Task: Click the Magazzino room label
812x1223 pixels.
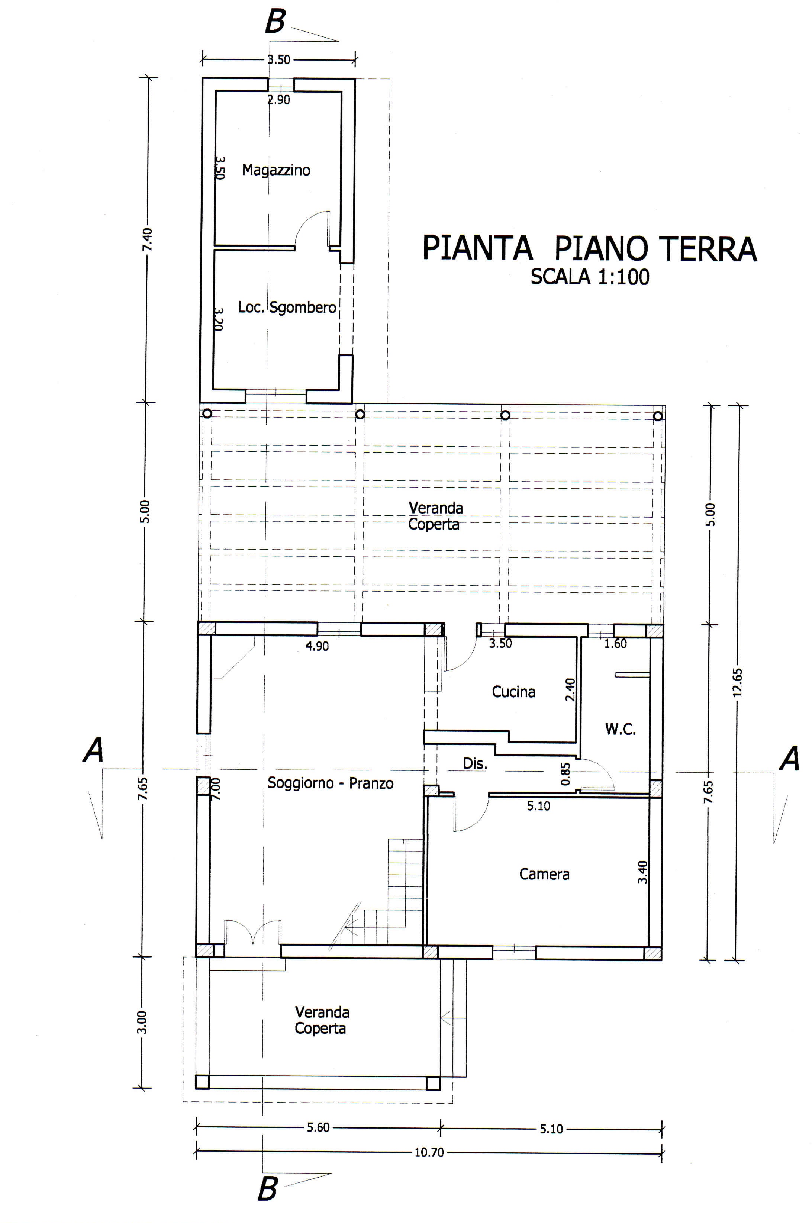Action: click(276, 170)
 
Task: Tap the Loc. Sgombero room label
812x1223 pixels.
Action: click(287, 308)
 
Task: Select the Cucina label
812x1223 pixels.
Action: click(513, 692)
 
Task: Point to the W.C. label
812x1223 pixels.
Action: click(620, 730)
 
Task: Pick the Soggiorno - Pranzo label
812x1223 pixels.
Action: click(331, 783)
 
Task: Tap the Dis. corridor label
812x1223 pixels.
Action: click(475, 763)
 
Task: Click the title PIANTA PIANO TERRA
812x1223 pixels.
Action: click(590, 248)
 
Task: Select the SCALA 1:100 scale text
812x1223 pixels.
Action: click(590, 277)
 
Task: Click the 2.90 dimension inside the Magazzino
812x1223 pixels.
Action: click(278, 99)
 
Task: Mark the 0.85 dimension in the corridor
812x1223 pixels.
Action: click(565, 773)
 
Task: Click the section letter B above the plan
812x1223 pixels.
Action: click(275, 22)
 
